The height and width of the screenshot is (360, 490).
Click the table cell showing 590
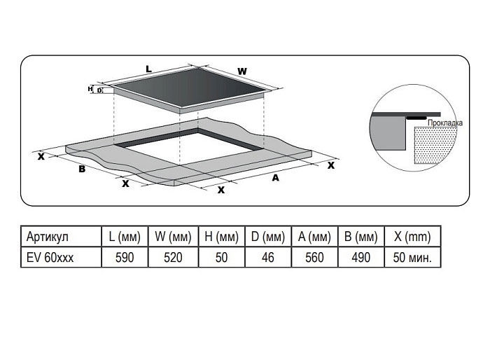[125, 258]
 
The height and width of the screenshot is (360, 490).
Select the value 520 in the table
[173, 258]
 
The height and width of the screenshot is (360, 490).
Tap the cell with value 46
[268, 258]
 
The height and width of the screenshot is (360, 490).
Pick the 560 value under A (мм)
[314, 258]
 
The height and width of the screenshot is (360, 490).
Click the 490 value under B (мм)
[361, 258]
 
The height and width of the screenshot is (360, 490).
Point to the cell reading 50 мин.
[412, 258]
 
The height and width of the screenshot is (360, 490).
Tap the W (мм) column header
[173, 237]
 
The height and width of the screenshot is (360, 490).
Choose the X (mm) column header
[412, 237]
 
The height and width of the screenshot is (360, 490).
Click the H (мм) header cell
[221, 237]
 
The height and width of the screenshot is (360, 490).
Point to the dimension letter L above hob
[148, 69]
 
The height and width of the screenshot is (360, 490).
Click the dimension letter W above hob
[242, 71]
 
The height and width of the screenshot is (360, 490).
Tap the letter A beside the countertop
[275, 178]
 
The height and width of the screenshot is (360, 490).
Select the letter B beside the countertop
[82, 169]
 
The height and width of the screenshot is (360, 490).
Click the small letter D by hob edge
[99, 90]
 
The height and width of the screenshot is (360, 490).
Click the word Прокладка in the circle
[445, 123]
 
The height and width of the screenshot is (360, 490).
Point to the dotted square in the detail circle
[435, 145]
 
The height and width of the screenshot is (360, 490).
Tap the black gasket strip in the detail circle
[416, 118]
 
